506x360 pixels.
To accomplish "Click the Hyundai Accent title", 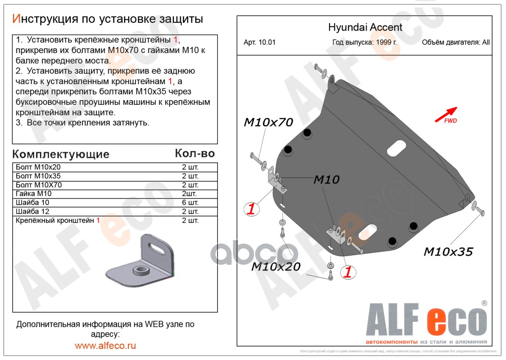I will pos(365,27).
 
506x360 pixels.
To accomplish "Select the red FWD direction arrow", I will pos(446,114).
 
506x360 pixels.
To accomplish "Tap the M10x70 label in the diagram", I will pos(268,122).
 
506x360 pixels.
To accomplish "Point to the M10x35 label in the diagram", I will pos(448,252).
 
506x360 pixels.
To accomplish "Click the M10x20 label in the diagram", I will pos(276,266).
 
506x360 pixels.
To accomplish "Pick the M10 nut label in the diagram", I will pos(326,180).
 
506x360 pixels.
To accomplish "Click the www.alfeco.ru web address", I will pos(105,346).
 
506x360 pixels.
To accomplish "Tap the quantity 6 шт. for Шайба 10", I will pos(190,203).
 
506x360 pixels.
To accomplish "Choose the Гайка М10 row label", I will pos(34,194).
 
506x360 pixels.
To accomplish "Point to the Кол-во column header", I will pos(194,153).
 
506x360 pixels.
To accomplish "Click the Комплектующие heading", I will pos(61,154).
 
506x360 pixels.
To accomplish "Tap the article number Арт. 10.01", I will pos(259,43).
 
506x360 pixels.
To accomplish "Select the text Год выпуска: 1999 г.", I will pos(365,43).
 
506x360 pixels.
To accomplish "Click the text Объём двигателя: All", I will pos(456,43).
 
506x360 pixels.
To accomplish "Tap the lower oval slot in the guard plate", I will pos(368,232).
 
